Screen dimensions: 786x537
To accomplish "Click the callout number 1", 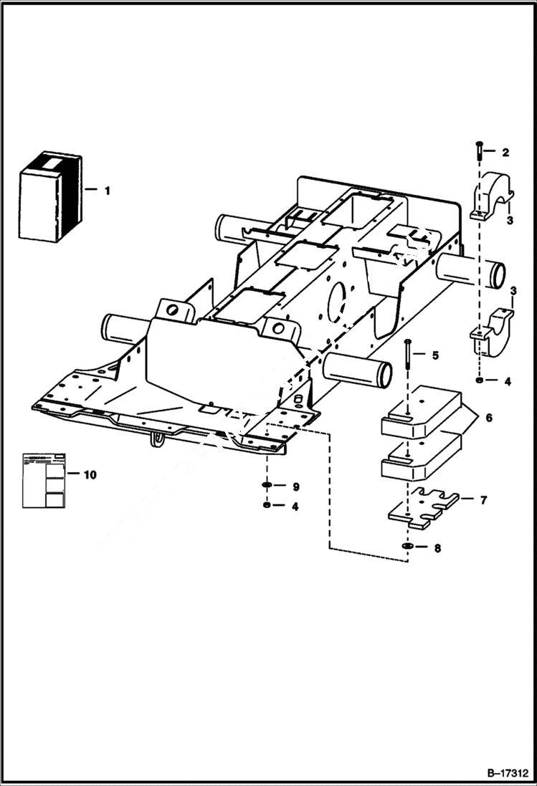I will [x=107, y=191].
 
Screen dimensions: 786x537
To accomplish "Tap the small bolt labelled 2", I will [x=478, y=151].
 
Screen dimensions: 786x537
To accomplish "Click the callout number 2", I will [x=505, y=153].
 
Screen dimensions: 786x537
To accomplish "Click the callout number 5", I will [x=434, y=355].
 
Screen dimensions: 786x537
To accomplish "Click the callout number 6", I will [x=488, y=417].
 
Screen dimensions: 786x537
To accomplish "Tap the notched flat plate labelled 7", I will [x=423, y=508].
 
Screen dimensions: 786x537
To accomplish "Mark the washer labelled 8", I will [x=407, y=548].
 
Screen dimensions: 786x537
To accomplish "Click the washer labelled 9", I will [x=267, y=487].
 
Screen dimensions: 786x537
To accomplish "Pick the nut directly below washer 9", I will [x=267, y=506].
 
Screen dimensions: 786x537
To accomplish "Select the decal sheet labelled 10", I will [x=44, y=479].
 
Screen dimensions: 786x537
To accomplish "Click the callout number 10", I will [x=90, y=474].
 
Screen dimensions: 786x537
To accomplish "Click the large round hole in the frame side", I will [x=337, y=302].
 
